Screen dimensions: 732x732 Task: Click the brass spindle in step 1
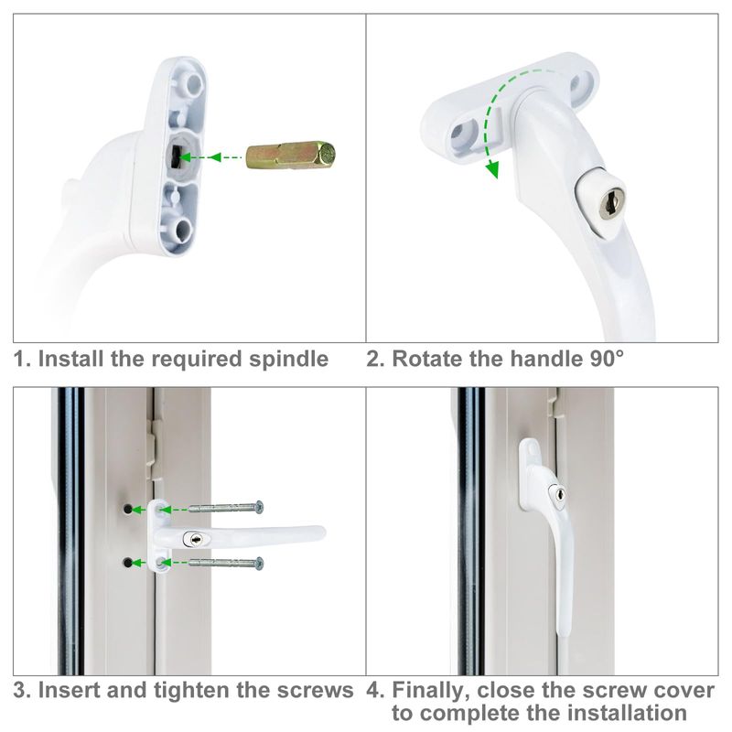[291, 156]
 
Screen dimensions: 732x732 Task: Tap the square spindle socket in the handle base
[176, 156]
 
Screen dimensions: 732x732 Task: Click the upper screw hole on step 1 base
[194, 84]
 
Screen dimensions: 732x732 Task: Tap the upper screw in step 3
[226, 508]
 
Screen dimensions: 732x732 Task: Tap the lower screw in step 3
[226, 563]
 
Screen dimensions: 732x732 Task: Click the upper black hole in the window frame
[127, 508]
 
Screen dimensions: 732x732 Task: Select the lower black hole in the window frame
[127, 563]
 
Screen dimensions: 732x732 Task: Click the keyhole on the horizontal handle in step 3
[196, 540]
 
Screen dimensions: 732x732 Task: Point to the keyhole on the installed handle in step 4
[560, 494]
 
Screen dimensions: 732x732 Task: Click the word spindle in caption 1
[288, 360]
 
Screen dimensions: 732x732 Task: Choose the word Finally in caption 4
[431, 690]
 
